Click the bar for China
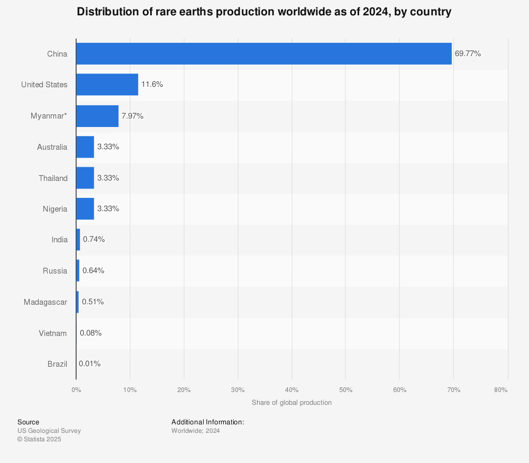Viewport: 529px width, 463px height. coord(263,53)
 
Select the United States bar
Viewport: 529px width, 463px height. coord(107,85)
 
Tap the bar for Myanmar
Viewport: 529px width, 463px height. coord(97,116)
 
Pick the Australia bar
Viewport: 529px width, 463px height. coord(85,147)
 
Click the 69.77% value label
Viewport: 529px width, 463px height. coord(468,53)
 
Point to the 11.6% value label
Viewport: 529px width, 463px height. coord(152,85)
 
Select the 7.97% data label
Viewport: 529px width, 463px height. coord(132,116)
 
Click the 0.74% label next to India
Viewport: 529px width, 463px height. coord(94,240)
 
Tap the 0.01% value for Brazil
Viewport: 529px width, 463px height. coord(89,364)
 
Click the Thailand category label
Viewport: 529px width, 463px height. coord(53,178)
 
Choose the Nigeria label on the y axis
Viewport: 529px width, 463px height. coord(55,209)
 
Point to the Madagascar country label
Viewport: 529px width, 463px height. coord(45,302)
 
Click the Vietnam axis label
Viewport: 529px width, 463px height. coord(53,333)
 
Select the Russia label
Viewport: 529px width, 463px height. coord(55,271)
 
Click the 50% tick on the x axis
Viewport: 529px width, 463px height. coord(345,390)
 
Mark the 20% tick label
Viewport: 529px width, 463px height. coord(184,390)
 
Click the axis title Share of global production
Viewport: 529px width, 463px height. coord(291,403)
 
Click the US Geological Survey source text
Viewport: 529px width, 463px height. coord(49,431)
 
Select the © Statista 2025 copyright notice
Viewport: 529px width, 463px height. coord(39,439)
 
